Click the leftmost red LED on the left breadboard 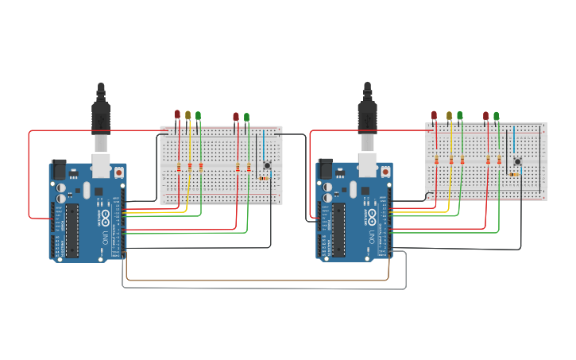(x=177, y=114)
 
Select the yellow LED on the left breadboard (x=188, y=115)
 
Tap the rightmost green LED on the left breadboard (x=246, y=117)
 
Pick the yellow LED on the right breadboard (x=449, y=116)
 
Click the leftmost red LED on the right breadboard (x=434, y=115)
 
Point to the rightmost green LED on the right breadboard (x=497, y=116)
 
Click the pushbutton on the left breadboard (x=268, y=165)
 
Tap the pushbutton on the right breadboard (x=517, y=161)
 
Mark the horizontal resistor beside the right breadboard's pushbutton (x=515, y=174)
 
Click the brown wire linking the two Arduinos (x=254, y=280)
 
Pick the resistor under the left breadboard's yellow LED (x=190, y=167)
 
